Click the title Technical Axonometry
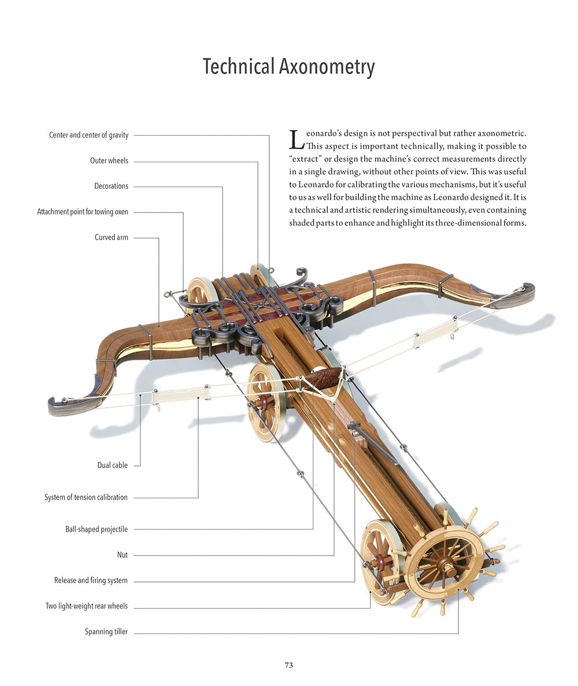tap(288, 67)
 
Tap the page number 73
tap(288, 665)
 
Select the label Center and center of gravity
tap(89, 135)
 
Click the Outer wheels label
tap(109, 161)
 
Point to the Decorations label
tap(112, 186)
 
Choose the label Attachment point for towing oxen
tap(83, 212)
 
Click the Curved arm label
tap(112, 237)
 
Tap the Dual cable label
tap(112, 465)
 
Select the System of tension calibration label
tap(86, 497)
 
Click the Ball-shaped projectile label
tap(97, 529)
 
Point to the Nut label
tap(122, 555)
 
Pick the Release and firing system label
tap(91, 580)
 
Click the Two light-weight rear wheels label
tap(87, 606)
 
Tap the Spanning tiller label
tap(106, 632)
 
